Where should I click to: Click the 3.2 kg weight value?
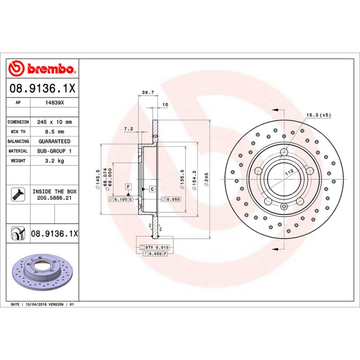[54, 161]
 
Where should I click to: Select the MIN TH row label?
[18, 132]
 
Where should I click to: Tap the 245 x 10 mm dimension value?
[54, 122]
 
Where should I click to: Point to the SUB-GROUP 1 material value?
[54, 151]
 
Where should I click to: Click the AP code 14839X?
[54, 103]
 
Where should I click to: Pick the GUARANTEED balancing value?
[54, 141]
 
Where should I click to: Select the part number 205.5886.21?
[52, 198]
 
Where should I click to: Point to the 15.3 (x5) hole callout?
[318, 115]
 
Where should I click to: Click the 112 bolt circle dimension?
[288, 171]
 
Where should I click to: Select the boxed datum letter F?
[128, 186]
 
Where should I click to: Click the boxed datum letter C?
[152, 189]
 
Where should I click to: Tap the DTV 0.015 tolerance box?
[154, 247]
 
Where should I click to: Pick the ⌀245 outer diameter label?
[207, 180]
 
